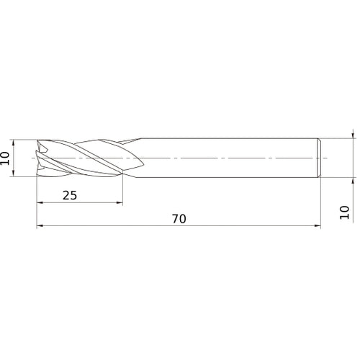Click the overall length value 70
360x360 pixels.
179,219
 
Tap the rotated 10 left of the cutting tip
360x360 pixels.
6,158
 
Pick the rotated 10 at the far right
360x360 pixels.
344,212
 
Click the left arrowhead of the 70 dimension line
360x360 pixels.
40,227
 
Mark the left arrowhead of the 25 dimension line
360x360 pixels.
40,203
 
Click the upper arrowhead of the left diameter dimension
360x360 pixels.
14,143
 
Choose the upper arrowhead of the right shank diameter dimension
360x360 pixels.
353,134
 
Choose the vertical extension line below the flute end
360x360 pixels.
123,191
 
